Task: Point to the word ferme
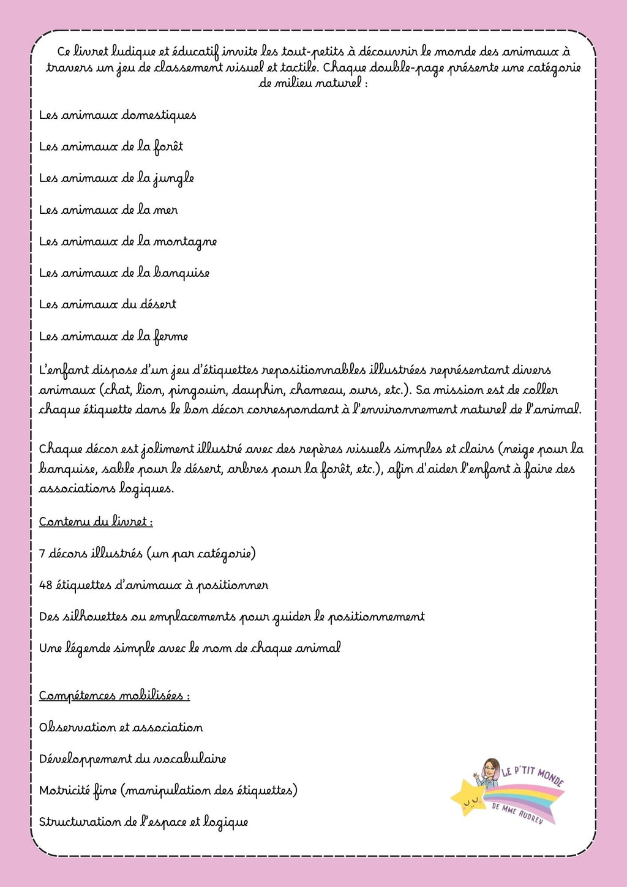[x=171, y=336]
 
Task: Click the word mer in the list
[x=165, y=210]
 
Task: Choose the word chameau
[x=317, y=390]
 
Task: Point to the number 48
[x=45, y=585]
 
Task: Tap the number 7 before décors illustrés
[x=42, y=554]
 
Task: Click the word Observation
[x=77, y=728]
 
